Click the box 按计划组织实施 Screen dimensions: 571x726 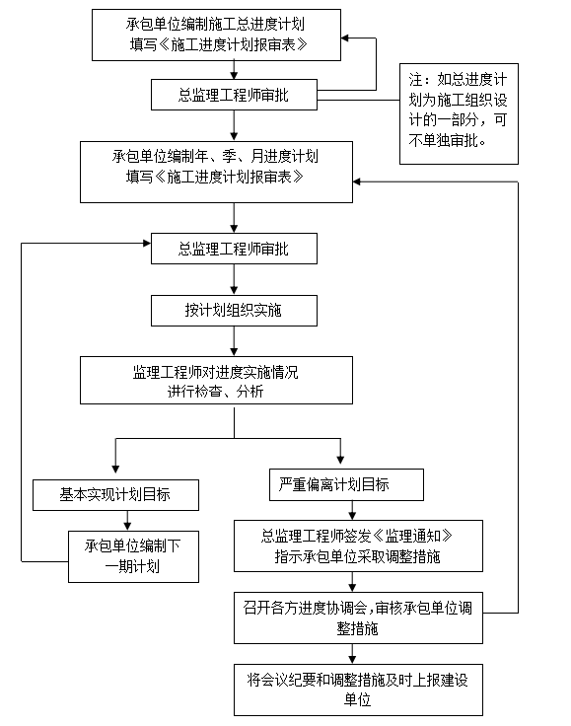(234, 310)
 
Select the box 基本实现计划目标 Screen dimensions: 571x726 (115, 495)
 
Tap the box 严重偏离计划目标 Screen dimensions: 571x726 (346, 484)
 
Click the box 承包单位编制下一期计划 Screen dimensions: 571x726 (133, 556)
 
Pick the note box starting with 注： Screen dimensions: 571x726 (459, 113)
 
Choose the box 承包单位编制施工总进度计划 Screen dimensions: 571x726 (216, 35)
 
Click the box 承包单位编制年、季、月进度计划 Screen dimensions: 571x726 (216, 172)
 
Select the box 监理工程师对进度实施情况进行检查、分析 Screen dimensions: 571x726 (216, 380)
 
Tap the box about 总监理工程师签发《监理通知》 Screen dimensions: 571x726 (358, 545)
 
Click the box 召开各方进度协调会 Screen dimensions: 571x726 (358, 617)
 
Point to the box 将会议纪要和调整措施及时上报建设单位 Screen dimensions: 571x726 (358, 690)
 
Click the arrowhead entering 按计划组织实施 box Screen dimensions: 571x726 (234, 291)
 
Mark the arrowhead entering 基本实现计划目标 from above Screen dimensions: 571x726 (115, 469)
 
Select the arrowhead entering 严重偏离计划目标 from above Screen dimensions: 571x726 (340, 460)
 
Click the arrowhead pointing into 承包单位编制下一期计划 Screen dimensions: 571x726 (127, 526)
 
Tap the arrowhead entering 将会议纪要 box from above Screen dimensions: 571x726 (352, 660)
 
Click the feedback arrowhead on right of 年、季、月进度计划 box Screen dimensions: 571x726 (357, 181)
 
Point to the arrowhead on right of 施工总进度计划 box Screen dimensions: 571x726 (345, 37)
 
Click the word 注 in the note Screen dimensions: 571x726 (415, 79)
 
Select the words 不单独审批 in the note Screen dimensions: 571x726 (443, 140)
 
